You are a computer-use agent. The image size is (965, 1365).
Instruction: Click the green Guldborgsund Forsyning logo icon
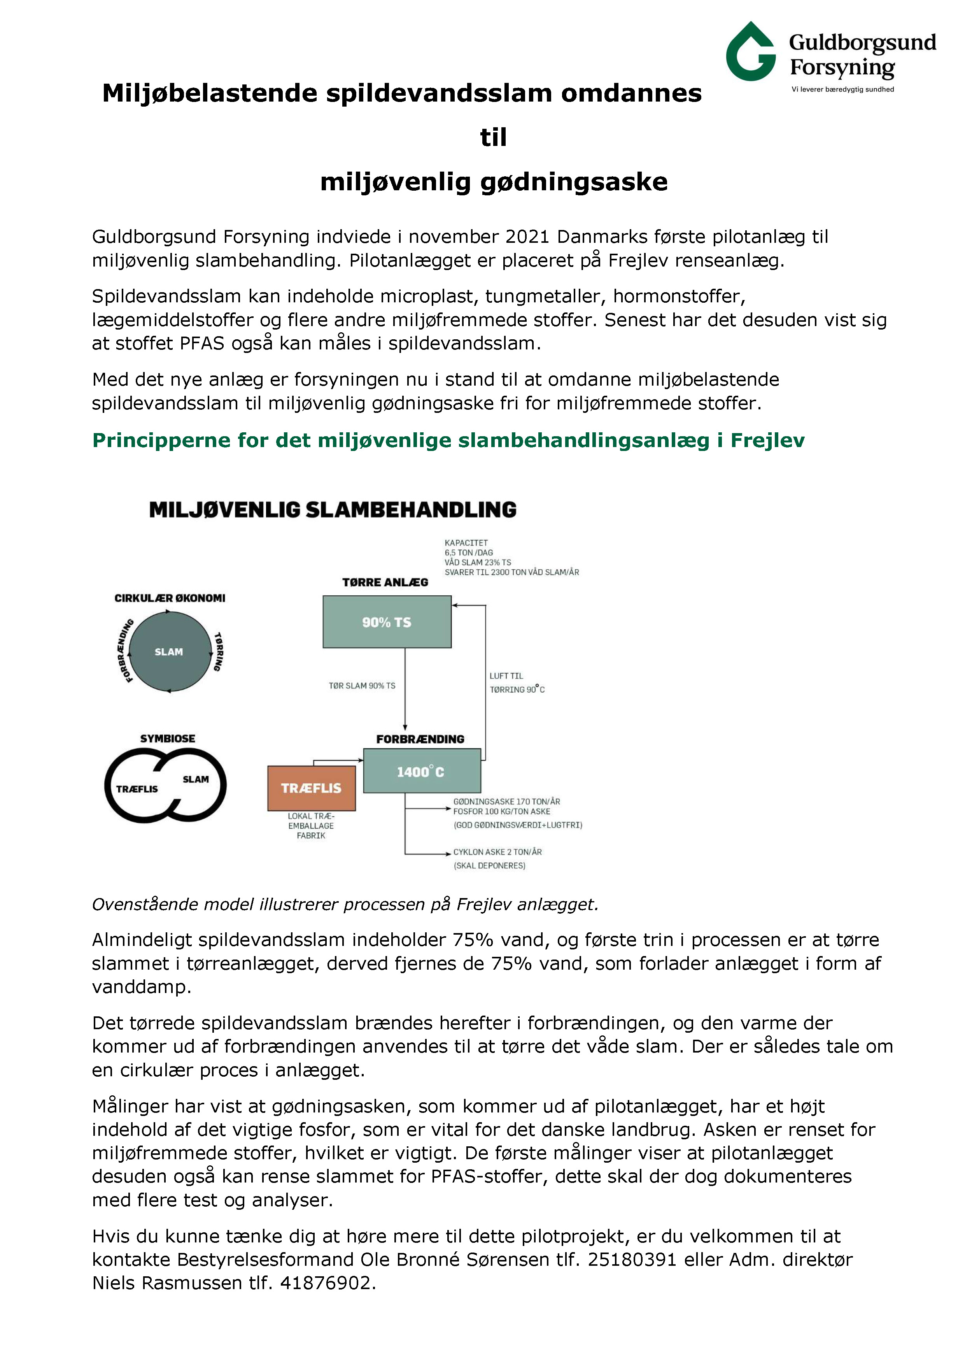click(x=750, y=52)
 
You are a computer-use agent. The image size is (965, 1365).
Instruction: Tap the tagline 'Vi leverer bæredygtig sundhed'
click(x=842, y=89)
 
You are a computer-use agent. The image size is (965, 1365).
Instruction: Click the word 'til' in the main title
click(x=493, y=137)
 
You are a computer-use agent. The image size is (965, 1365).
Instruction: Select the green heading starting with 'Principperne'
click(x=448, y=440)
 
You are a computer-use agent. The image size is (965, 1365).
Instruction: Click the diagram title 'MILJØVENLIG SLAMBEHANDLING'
click(x=333, y=509)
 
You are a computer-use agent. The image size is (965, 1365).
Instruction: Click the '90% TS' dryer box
click(x=387, y=622)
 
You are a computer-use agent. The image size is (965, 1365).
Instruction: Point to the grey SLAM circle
click(x=169, y=652)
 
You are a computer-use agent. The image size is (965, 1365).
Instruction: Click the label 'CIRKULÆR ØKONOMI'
click(x=170, y=598)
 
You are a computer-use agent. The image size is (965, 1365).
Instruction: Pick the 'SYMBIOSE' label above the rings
click(x=168, y=739)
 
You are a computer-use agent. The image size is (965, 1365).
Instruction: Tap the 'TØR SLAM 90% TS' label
click(x=362, y=686)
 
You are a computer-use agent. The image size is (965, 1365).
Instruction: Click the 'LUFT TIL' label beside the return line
click(x=506, y=676)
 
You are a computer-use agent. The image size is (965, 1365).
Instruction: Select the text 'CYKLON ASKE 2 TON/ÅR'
click(x=497, y=852)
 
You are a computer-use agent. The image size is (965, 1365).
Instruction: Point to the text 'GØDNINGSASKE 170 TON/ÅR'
click(x=506, y=802)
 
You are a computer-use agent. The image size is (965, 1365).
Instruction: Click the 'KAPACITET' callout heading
click(x=466, y=543)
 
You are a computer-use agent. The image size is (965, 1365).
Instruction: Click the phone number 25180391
click(x=632, y=1259)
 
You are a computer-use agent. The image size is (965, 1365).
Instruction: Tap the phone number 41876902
click(x=325, y=1283)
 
